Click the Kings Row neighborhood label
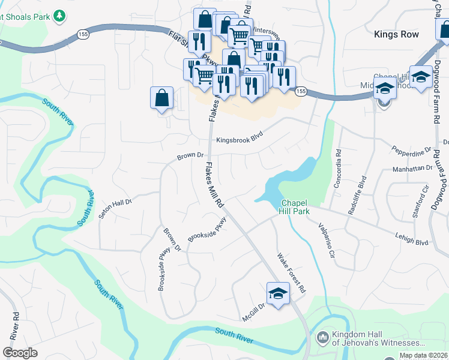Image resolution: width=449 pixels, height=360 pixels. [396, 34]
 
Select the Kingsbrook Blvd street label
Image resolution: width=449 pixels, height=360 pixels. [240, 139]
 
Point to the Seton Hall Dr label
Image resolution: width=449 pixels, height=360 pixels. [115, 206]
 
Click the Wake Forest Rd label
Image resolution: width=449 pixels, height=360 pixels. [291, 273]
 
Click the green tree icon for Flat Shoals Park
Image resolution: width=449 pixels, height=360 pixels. [59, 16]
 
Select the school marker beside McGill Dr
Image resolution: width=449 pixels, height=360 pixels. [278, 293]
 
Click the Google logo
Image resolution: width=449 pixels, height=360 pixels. [20, 353]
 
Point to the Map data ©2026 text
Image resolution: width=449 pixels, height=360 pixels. [423, 355]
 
